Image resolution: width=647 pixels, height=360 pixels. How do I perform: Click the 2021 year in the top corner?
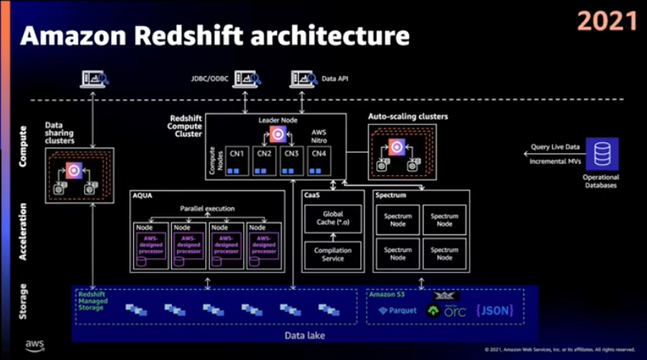pyautogui.click(x=607, y=22)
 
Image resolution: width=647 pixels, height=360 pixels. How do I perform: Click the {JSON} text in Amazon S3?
pyautogui.click(x=495, y=310)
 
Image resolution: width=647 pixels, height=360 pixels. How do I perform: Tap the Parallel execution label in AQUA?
pyautogui.click(x=207, y=208)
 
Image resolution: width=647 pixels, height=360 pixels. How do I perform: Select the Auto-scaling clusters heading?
pyautogui.click(x=408, y=116)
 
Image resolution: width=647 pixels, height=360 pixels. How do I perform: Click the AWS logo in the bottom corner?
pyautogui.click(x=34, y=345)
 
